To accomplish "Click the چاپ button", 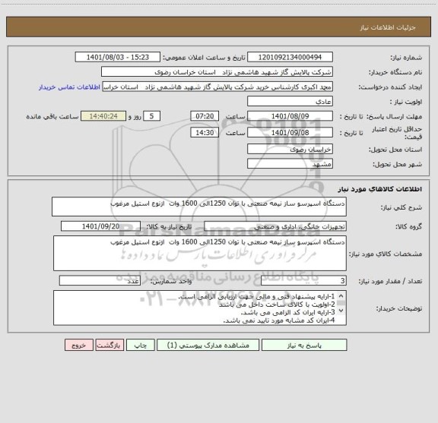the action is click(x=140, y=345).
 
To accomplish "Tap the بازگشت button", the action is click(x=108, y=345).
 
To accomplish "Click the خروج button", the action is click(x=77, y=345).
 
